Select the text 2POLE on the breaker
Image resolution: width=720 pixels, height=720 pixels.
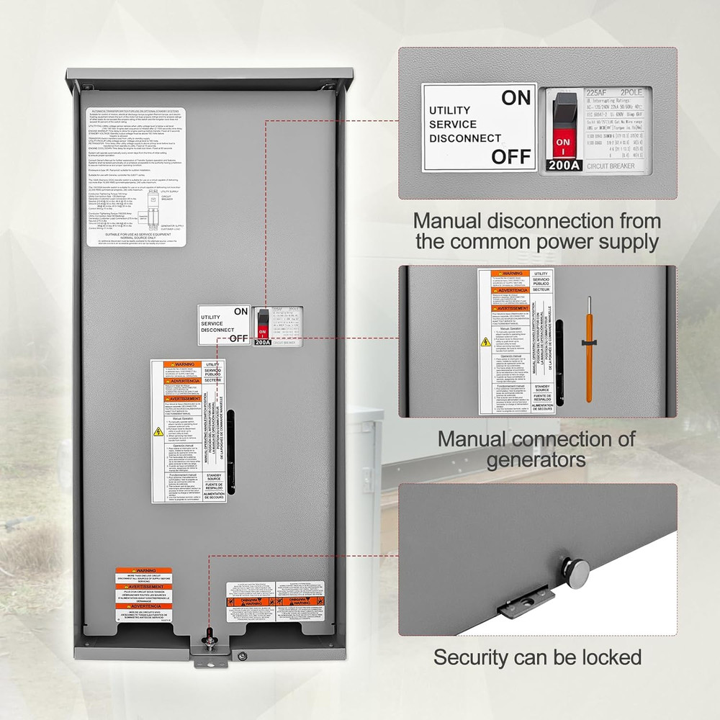click(634, 93)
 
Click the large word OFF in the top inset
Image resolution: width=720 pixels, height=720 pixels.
click(511, 156)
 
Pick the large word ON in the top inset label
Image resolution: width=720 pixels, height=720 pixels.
click(516, 99)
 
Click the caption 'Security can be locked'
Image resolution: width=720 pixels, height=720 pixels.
click(537, 657)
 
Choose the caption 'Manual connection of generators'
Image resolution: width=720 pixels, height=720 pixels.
click(536, 449)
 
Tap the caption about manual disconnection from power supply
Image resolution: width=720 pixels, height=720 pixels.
click(536, 230)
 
